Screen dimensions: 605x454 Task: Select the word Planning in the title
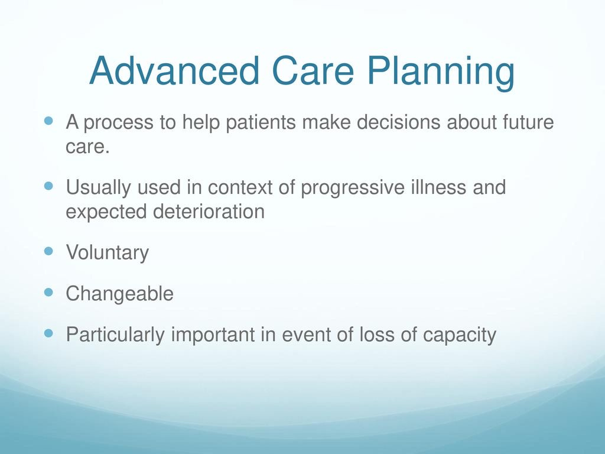[x=441, y=73]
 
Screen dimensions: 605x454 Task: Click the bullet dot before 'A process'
[x=48, y=121]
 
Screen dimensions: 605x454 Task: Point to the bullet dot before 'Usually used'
[x=48, y=186]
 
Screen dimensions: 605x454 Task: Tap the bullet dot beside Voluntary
[x=48, y=251]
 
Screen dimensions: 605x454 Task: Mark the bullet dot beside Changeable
[x=48, y=292]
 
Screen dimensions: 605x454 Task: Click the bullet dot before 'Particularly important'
[x=48, y=333]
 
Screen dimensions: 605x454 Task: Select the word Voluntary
[x=108, y=253]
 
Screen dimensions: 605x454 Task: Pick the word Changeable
[x=119, y=294]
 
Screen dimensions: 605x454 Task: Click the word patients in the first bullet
[x=261, y=122]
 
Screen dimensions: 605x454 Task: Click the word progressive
[x=353, y=188]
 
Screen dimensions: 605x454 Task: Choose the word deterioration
[x=209, y=212]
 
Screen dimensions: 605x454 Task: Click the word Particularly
[x=115, y=335]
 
